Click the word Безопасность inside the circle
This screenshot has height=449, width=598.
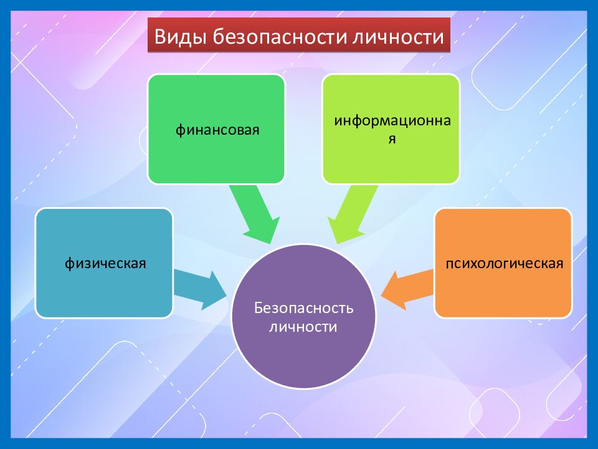pos(303,309)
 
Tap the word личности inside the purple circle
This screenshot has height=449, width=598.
pos(303,327)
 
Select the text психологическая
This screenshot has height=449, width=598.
pos(503,263)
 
